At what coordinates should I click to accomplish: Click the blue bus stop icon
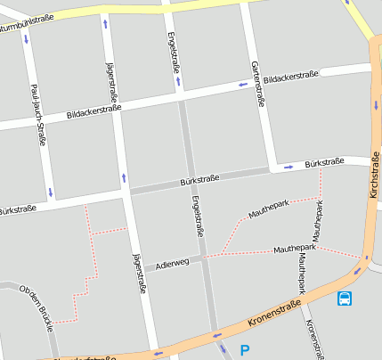tap(345, 299)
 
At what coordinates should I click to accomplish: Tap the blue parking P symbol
tap(245, 350)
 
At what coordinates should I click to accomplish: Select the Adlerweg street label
tap(172, 264)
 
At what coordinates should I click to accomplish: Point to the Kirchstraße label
tap(373, 173)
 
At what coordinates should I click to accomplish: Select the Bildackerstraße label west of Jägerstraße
tap(93, 112)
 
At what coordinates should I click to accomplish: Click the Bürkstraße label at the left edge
tap(18, 210)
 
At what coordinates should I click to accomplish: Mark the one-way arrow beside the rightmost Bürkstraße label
tap(289, 166)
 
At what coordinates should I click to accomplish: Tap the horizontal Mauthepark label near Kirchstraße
tap(295, 248)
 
